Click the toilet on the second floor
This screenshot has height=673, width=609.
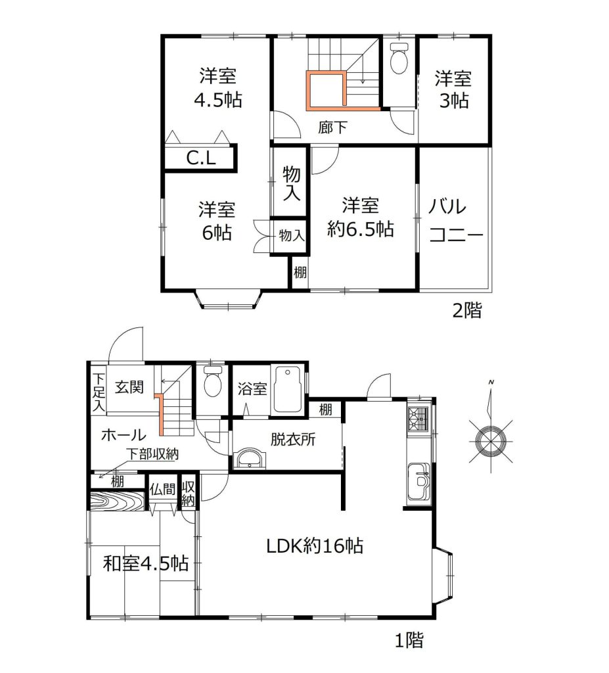pyautogui.click(x=399, y=58)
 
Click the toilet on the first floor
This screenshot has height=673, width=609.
pyautogui.click(x=212, y=381)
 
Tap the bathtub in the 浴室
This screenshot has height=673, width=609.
pyautogui.click(x=288, y=389)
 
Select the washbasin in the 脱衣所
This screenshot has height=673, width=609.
pyautogui.click(x=250, y=458)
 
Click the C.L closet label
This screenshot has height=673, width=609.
pyautogui.click(x=200, y=158)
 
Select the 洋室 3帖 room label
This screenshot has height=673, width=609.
pyautogui.click(x=453, y=89)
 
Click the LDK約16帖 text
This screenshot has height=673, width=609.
pyautogui.click(x=315, y=546)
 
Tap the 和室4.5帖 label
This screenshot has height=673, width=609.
pyautogui.click(x=146, y=563)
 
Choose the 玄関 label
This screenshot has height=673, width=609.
pyautogui.click(x=129, y=388)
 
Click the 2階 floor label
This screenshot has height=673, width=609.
pyautogui.click(x=467, y=310)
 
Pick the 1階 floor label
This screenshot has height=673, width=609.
pyautogui.click(x=409, y=640)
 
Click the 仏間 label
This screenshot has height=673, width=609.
pyautogui.click(x=163, y=489)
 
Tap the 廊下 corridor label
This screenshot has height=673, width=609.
pyautogui.click(x=332, y=127)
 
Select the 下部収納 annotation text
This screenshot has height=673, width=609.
pyautogui.click(x=153, y=453)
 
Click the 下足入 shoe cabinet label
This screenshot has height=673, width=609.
pyautogui.click(x=99, y=392)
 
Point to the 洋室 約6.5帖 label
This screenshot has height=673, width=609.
pyautogui.click(x=361, y=218)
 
